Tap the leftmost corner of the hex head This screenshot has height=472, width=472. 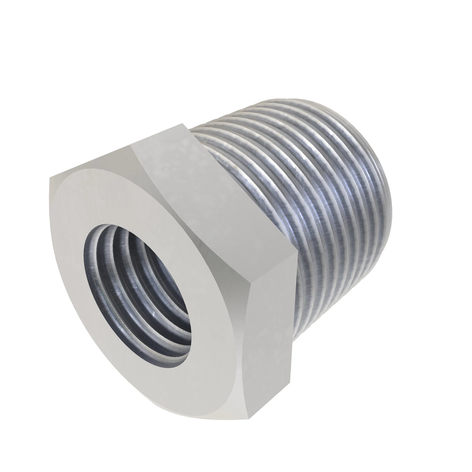point(50,178)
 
